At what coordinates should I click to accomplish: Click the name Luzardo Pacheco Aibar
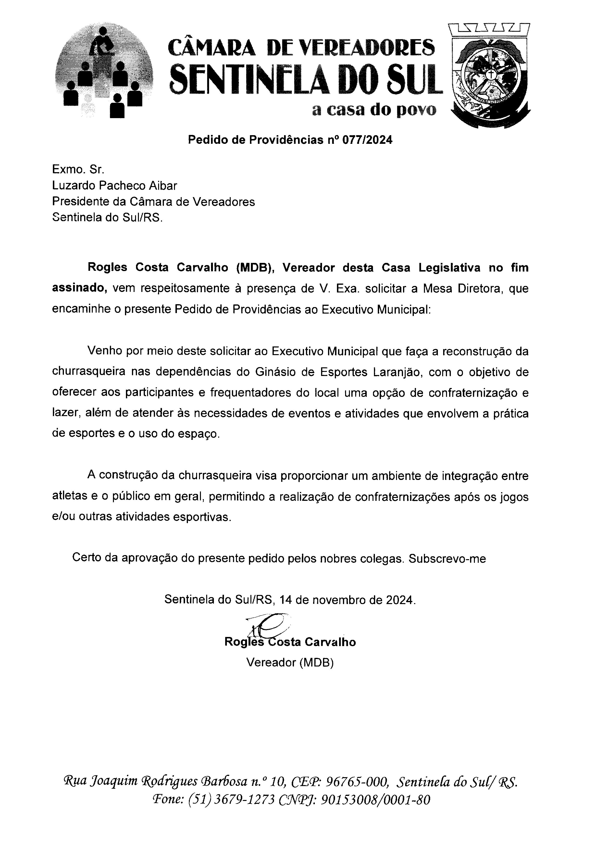tap(114, 186)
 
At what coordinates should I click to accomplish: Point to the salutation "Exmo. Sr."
tap(78, 170)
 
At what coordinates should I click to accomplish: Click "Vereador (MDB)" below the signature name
tap(290, 662)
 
